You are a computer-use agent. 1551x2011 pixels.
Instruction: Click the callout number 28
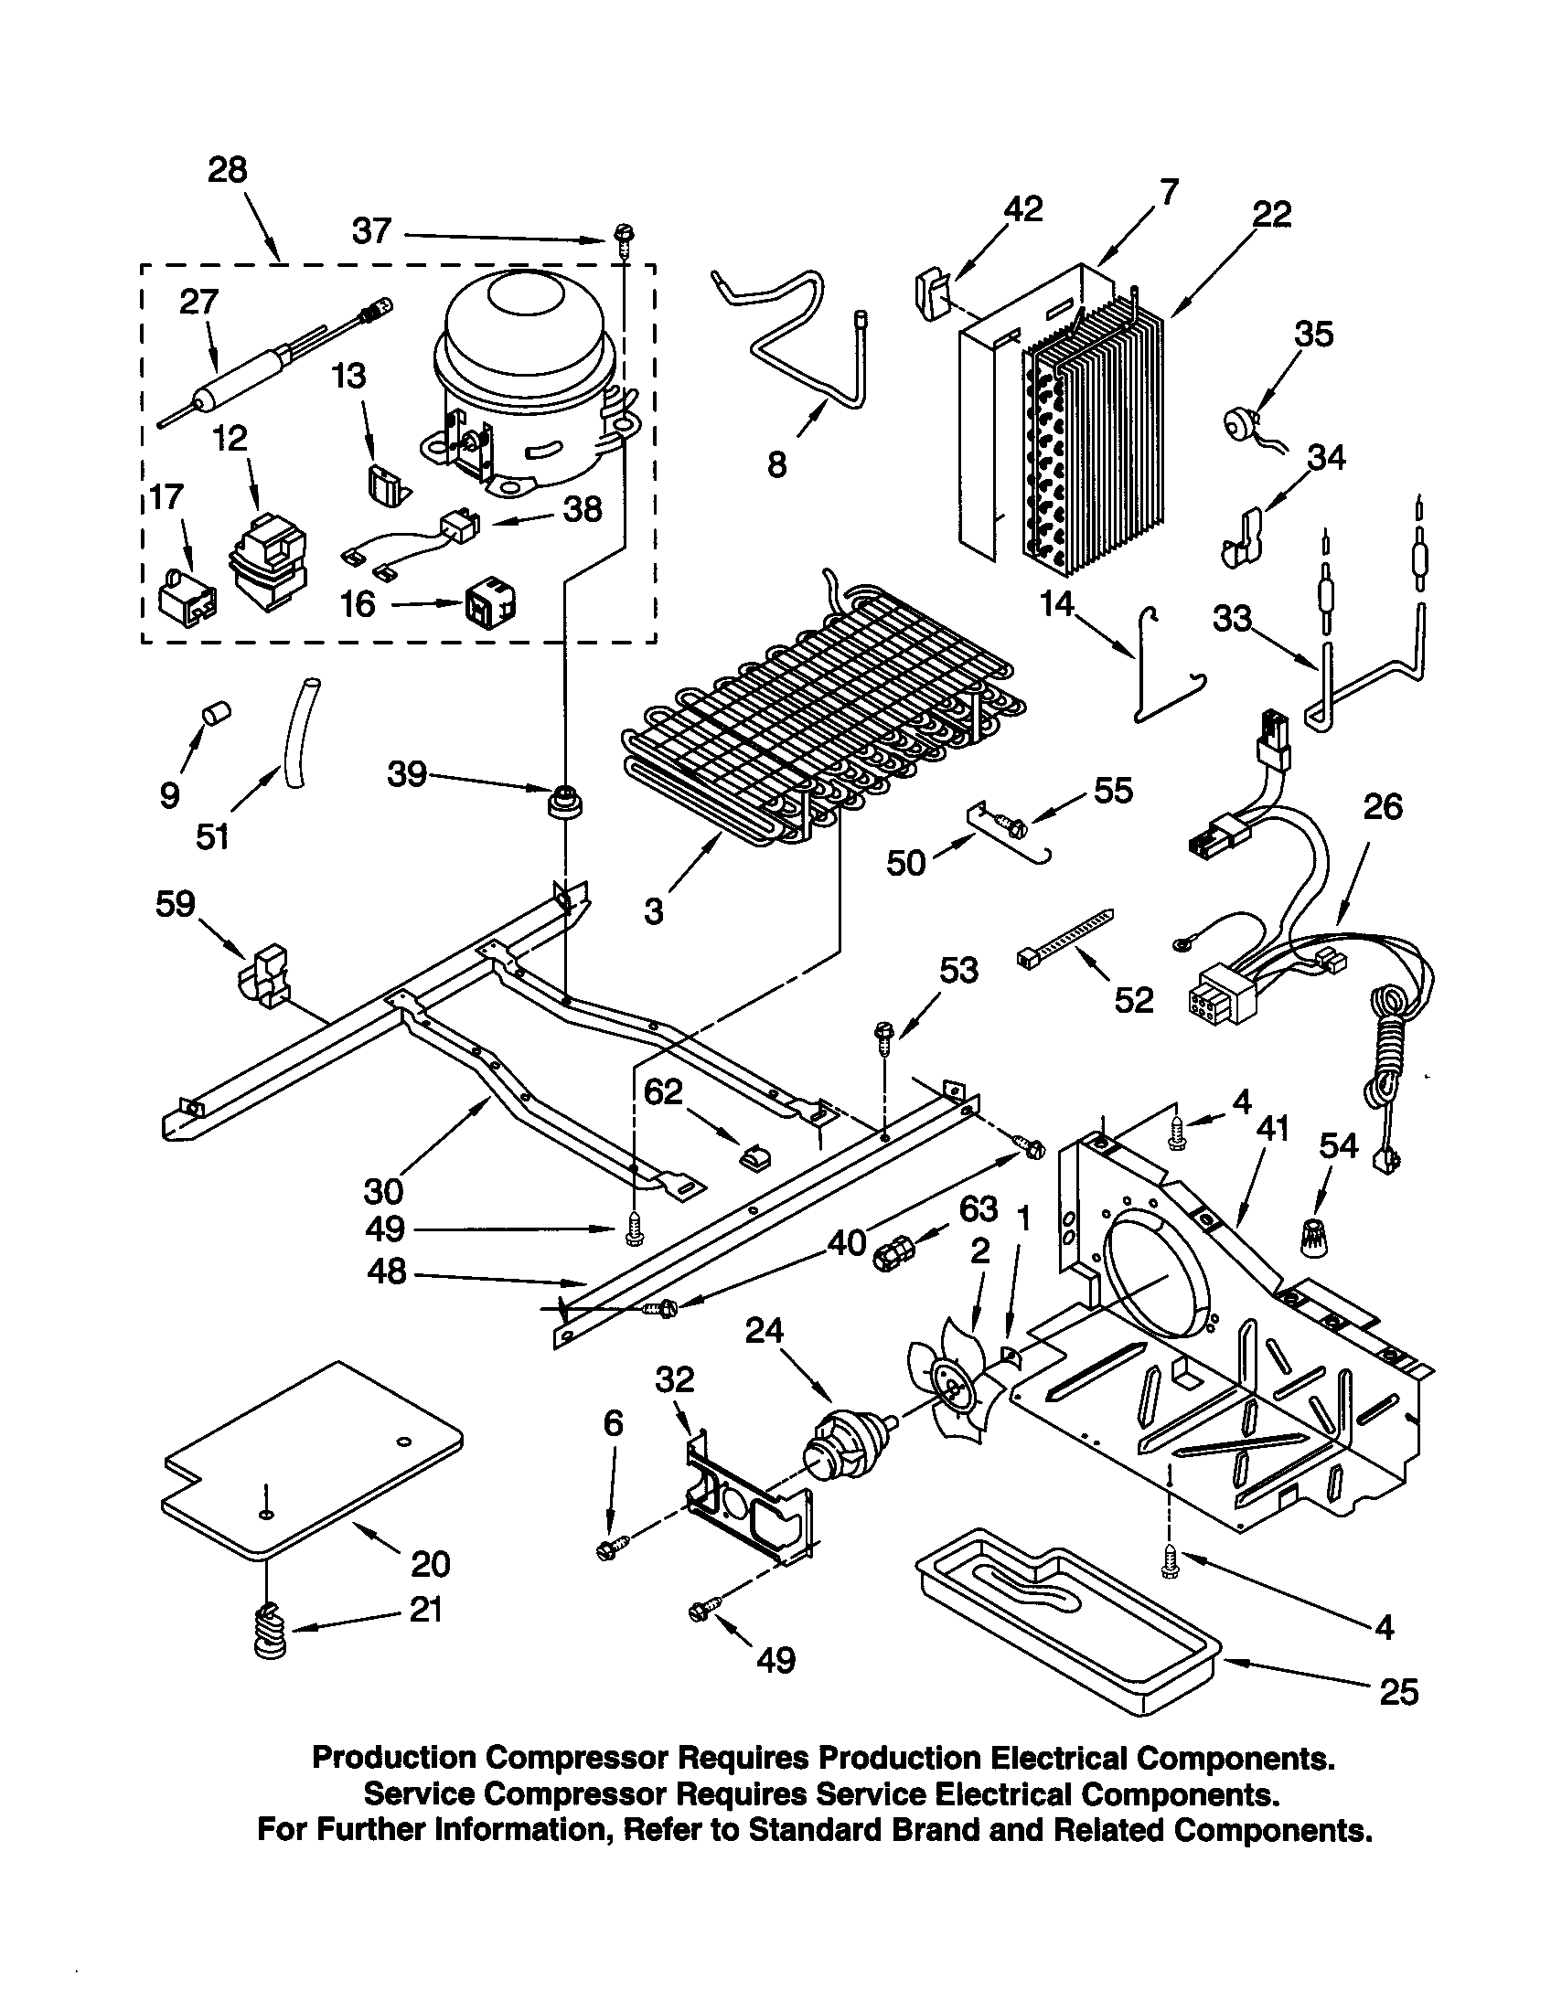coord(228,170)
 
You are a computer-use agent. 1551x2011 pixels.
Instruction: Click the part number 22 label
coord(1271,214)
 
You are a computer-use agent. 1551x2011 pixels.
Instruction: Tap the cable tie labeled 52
coord(1064,938)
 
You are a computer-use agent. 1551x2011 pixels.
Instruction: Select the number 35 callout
coord(1313,334)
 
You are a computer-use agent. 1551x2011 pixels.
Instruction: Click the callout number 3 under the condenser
coord(653,910)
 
